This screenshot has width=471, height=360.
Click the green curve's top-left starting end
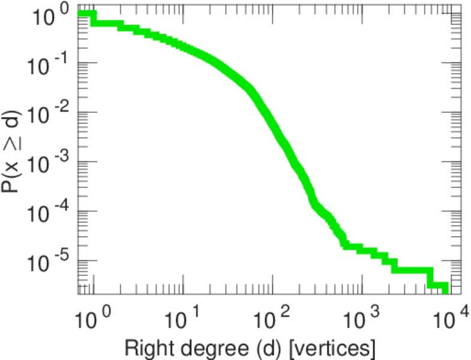coord(80,14)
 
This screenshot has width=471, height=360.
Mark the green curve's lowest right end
coord(445,288)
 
